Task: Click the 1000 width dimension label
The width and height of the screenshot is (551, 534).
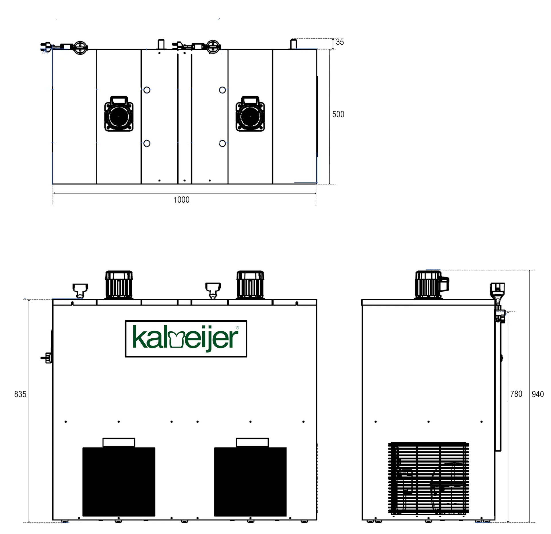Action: (181, 200)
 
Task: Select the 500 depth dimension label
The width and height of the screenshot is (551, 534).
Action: (338, 114)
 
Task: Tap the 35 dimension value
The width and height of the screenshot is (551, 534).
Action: (340, 42)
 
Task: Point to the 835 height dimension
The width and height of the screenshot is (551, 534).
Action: (20, 394)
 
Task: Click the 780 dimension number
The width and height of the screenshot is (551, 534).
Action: (516, 394)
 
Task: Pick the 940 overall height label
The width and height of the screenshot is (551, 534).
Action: (538, 394)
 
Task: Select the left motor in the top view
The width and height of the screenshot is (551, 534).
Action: (119, 114)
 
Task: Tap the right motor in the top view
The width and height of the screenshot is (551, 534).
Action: (250, 114)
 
